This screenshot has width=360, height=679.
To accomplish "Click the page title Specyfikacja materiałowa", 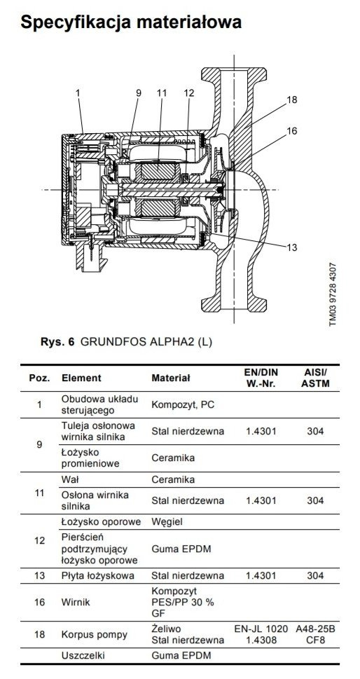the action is pyautogui.click(x=131, y=22).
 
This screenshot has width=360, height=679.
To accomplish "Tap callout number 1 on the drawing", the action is pyautogui.click(x=78, y=92).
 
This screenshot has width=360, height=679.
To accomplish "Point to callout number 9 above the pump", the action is pyautogui.click(x=139, y=92).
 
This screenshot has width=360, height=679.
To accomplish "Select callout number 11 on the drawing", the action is pyautogui.click(x=162, y=92).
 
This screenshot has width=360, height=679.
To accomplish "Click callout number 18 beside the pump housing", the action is pyautogui.click(x=292, y=100).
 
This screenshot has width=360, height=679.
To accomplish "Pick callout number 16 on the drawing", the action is pyautogui.click(x=292, y=131).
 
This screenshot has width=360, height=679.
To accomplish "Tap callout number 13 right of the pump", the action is pyautogui.click(x=292, y=247).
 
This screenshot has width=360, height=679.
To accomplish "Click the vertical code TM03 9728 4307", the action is pyautogui.click(x=332, y=295).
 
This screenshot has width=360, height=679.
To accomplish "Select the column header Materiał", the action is pyautogui.click(x=171, y=378).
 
